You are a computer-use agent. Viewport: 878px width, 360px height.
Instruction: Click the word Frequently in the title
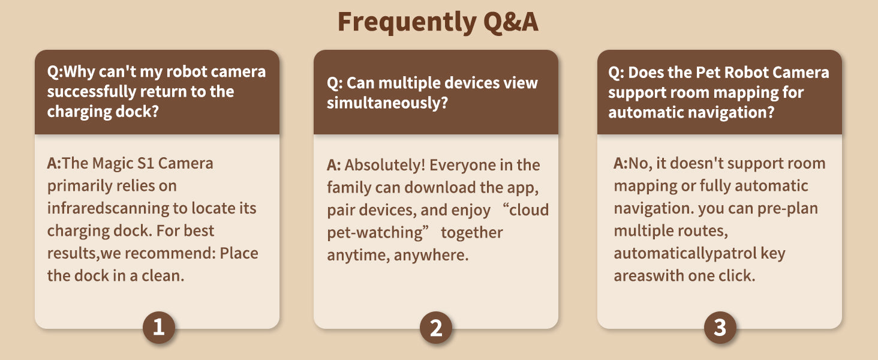point(407,22)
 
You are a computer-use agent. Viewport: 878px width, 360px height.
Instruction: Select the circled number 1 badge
point(159,328)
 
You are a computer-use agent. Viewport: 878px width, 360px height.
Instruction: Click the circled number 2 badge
point(436,328)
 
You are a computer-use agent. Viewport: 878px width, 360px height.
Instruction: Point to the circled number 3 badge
point(720,328)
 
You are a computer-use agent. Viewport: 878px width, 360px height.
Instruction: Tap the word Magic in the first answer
point(112,164)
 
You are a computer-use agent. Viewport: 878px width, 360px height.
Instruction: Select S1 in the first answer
point(146,163)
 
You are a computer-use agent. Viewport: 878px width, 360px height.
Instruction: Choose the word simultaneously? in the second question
point(387,103)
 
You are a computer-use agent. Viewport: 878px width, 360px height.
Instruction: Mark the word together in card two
point(471,233)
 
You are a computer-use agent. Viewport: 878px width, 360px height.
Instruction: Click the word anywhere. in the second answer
point(431,255)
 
